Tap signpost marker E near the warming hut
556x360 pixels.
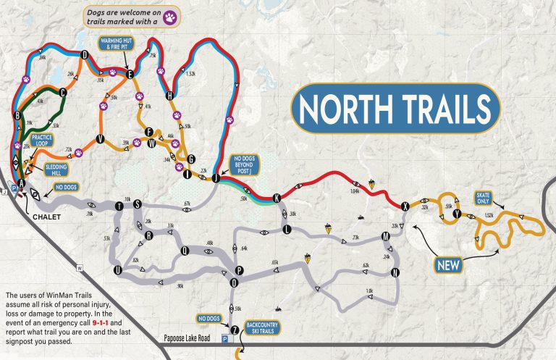(130, 74)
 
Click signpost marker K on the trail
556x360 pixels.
(276, 198)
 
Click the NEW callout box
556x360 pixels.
(448, 265)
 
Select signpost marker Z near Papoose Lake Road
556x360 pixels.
(234, 329)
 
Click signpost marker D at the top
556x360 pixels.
(85, 54)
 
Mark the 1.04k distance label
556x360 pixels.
(355, 192)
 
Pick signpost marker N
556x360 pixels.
(395, 272)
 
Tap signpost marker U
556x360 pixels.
(117, 270)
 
